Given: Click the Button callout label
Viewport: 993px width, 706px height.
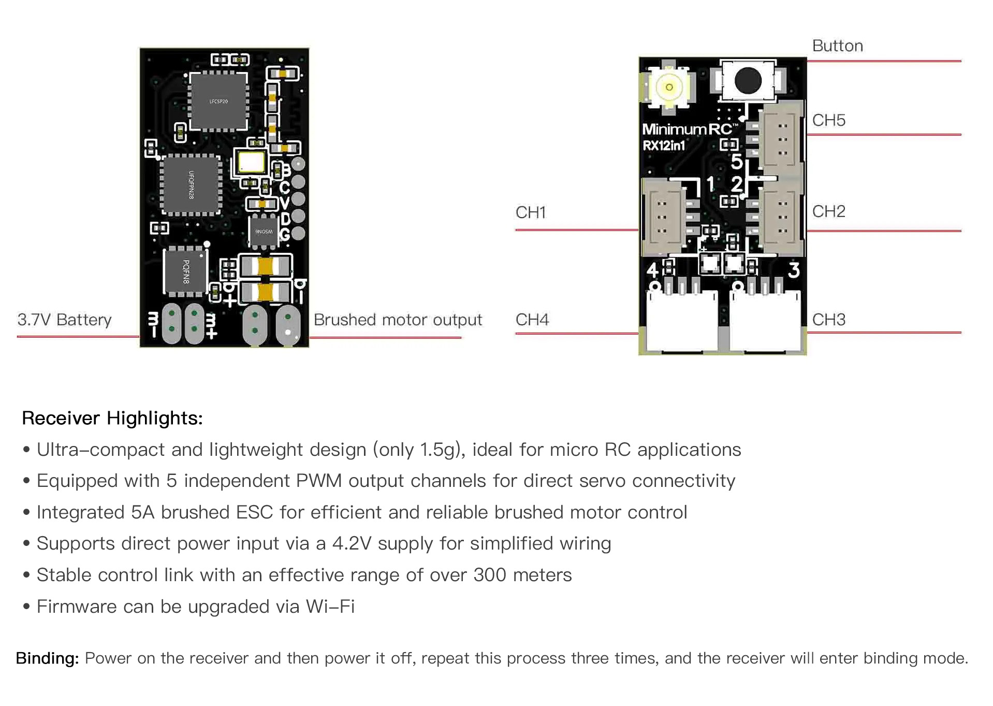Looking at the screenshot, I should [x=837, y=46].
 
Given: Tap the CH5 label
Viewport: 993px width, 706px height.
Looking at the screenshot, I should [x=828, y=121].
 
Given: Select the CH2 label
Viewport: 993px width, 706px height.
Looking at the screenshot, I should [x=828, y=211].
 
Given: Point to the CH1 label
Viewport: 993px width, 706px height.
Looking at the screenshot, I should [x=531, y=212].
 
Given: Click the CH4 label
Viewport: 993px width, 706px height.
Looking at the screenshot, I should [x=532, y=320].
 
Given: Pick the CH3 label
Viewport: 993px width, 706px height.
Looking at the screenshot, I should [x=828, y=320].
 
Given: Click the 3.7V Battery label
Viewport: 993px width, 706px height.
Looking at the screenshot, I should [x=64, y=320].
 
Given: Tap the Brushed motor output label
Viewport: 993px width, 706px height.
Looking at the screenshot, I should [x=398, y=320].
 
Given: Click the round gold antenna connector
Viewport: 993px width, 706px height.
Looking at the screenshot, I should [x=669, y=87].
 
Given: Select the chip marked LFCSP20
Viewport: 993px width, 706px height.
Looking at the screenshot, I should [x=218, y=101].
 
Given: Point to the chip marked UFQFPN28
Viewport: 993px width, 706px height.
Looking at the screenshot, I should [x=191, y=185].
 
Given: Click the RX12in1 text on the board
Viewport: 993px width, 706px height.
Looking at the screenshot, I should [x=664, y=146].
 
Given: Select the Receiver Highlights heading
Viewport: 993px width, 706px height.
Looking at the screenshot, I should [x=112, y=418].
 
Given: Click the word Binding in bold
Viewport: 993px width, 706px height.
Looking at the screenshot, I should [x=47, y=658].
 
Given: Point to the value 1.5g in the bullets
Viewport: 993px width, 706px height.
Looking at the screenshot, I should [x=439, y=450].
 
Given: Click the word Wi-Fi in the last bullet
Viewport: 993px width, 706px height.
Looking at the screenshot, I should [x=330, y=607].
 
